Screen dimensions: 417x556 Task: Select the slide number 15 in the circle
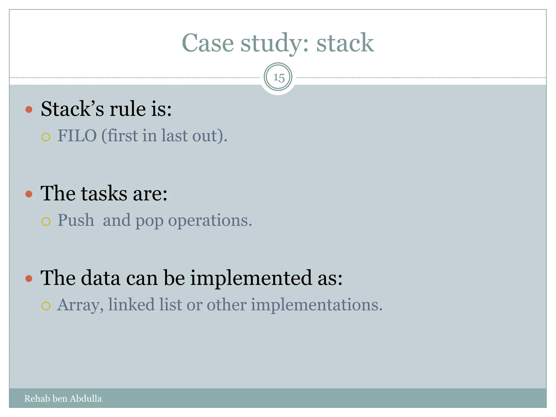(278, 78)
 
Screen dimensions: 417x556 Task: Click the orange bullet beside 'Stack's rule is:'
(29, 109)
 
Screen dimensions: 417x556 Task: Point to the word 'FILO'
(77, 135)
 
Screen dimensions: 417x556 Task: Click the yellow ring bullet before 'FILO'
(46, 137)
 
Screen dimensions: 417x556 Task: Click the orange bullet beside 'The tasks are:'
(29, 194)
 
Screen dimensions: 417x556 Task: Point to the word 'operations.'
(210, 220)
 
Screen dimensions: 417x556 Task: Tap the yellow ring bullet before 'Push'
(46, 222)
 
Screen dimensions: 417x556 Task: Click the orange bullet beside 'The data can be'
(29, 278)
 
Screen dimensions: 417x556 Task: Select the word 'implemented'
(251, 278)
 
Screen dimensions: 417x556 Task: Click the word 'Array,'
(80, 305)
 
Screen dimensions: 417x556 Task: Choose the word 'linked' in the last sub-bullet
(131, 304)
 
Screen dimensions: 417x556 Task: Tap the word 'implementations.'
(317, 305)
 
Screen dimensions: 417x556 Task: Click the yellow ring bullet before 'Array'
(46, 306)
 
